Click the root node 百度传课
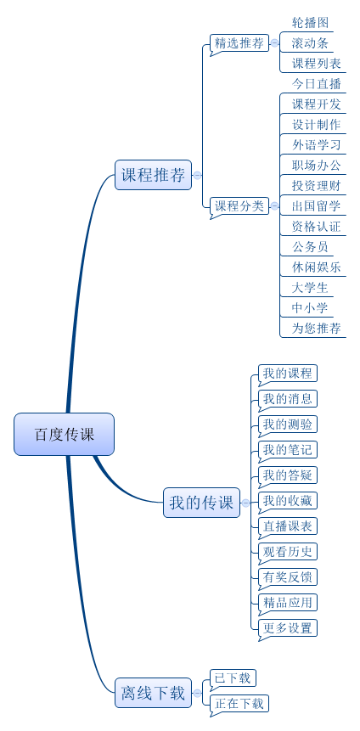[64, 434]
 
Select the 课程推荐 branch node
[153, 175]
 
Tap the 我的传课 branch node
[201, 503]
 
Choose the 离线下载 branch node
[153, 693]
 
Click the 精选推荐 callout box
[239, 44]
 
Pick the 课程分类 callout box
[239, 205]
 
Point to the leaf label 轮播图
[310, 22]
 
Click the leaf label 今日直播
[316, 84]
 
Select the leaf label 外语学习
[316, 145]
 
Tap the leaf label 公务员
[310, 247]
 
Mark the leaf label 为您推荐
[316, 329]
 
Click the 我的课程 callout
[287, 374]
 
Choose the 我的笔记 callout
[287, 450]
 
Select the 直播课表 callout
[287, 526]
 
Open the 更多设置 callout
[287, 628]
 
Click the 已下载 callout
[233, 678]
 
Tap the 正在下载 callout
[239, 704]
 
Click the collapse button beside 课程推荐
[197, 175]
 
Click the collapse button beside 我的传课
[245, 503]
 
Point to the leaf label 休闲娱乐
[316, 267]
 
